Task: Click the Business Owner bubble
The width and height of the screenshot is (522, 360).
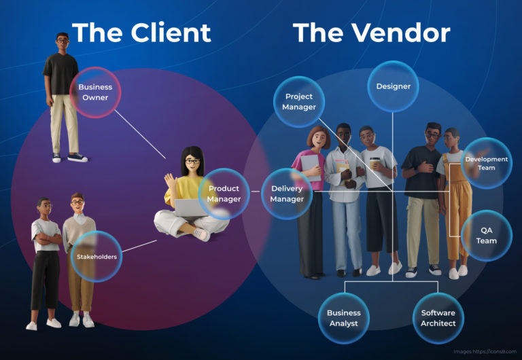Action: point(95,92)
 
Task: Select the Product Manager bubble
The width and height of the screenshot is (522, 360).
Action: point(224,194)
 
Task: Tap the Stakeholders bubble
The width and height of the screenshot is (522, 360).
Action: point(97,257)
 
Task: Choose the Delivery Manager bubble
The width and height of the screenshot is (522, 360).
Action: point(287,194)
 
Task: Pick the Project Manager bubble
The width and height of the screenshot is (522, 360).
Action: point(299,102)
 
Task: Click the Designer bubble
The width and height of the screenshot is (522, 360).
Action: point(393,86)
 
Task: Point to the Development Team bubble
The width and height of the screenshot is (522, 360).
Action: point(487,163)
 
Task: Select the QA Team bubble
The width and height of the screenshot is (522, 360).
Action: point(487,235)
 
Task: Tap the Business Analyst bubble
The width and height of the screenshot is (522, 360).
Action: point(344,318)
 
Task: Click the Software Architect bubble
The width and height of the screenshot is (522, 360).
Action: point(438,318)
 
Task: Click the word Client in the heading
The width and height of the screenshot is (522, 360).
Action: point(171,33)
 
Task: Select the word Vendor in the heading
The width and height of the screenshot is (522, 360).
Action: point(401,33)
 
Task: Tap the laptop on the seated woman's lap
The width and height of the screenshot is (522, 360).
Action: point(192,208)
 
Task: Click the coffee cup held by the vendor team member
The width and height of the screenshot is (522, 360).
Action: point(375,163)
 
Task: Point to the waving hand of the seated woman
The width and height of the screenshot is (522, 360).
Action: point(171,181)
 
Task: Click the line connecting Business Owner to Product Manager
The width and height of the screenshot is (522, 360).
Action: point(140,134)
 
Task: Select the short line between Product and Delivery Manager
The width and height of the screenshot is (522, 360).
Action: point(256,192)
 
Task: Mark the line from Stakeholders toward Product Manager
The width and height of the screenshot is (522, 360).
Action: point(139,246)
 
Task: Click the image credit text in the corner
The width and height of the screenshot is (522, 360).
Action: point(485,351)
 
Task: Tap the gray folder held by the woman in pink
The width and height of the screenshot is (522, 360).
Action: point(310,167)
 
